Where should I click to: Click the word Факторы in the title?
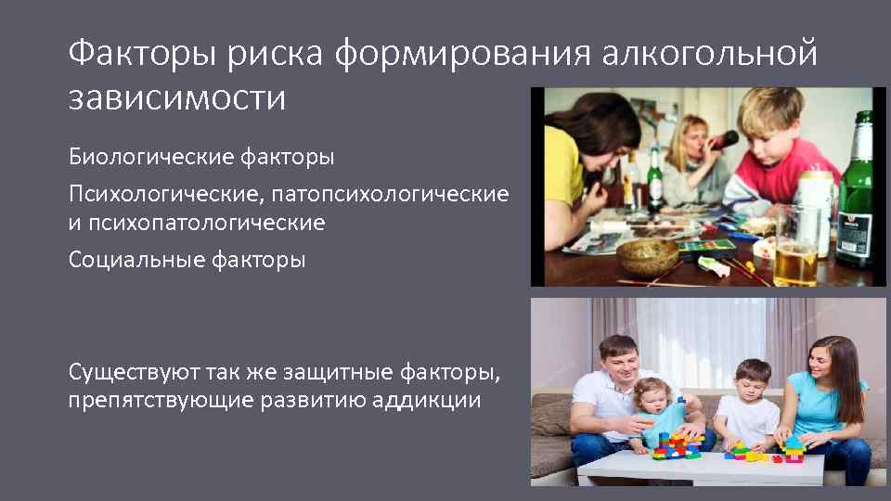pyautogui.click(x=125, y=55)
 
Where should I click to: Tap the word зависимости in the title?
pyautogui.click(x=177, y=97)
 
